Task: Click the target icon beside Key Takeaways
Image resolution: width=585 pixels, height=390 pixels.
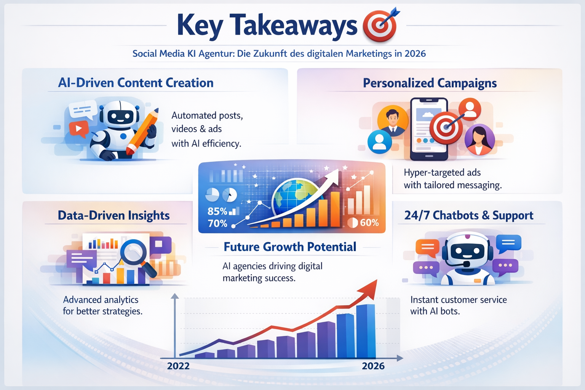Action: click(x=379, y=26)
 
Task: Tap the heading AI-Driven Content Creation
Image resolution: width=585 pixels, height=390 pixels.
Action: click(x=136, y=83)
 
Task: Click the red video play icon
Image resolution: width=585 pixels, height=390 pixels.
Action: click(x=79, y=128)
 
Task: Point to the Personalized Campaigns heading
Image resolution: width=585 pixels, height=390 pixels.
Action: click(x=430, y=83)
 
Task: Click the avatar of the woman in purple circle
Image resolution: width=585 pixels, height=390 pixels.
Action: click(x=480, y=139)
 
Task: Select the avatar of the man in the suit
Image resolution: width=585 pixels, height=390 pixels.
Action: click(x=392, y=121)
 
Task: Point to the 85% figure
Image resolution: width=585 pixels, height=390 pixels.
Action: click(x=217, y=211)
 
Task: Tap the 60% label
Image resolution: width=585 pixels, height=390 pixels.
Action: click(x=369, y=223)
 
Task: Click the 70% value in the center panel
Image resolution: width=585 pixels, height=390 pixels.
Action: click(x=217, y=224)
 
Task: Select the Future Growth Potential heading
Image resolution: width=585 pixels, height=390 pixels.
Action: click(x=290, y=247)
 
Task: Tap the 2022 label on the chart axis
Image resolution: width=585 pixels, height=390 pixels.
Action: click(x=178, y=366)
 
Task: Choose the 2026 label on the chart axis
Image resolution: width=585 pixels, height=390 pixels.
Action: click(x=373, y=366)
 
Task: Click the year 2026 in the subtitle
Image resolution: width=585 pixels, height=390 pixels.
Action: click(x=415, y=54)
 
